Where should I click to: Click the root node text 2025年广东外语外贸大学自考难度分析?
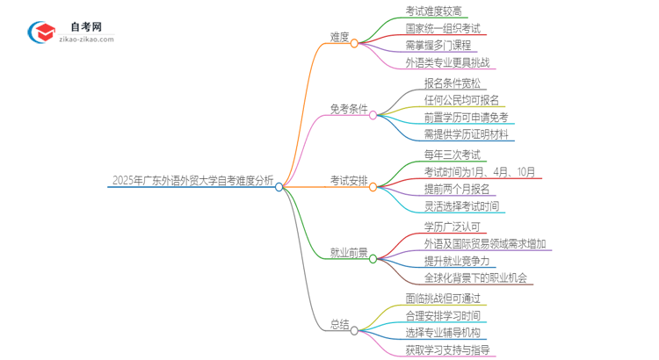coord(192,182)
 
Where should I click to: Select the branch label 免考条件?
coord(348,109)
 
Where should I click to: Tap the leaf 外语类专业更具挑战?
coord(448,62)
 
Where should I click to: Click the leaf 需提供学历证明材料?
coord(465,134)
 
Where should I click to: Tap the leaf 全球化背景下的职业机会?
coord(475,278)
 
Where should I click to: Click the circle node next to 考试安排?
coord(373,186)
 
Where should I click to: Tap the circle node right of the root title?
coord(279,186)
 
